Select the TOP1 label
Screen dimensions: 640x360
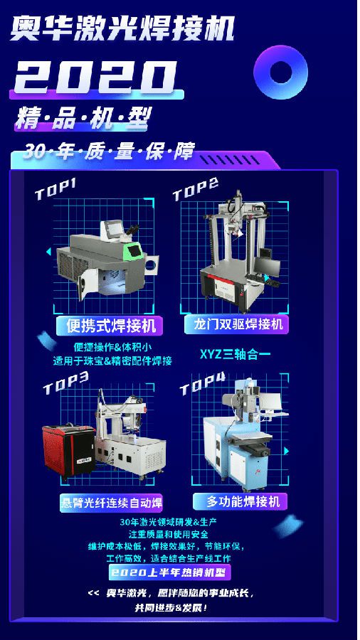55,188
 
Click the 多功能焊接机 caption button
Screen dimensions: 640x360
243,501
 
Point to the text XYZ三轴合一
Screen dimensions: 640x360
235,354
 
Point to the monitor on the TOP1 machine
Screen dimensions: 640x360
113,230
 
